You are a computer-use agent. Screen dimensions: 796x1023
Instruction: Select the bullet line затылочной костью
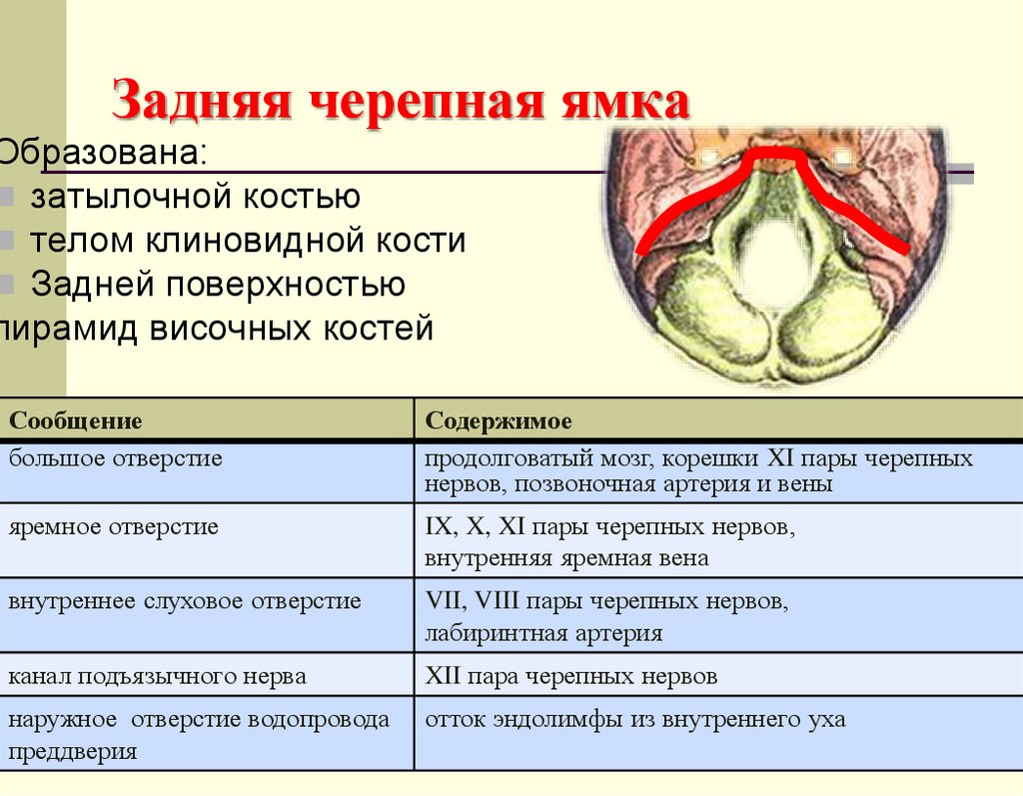pyautogui.click(x=195, y=197)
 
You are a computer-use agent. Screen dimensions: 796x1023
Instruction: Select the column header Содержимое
pyautogui.click(x=499, y=420)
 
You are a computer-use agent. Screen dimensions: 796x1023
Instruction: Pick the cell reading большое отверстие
pyautogui.click(x=116, y=459)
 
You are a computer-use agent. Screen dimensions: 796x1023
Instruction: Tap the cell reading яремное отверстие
pyautogui.click(x=114, y=526)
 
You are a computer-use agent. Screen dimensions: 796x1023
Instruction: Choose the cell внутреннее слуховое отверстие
pyautogui.click(x=185, y=602)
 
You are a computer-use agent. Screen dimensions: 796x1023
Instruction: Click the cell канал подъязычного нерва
pyautogui.click(x=158, y=676)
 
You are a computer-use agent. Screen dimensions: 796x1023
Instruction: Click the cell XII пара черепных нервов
pyautogui.click(x=570, y=676)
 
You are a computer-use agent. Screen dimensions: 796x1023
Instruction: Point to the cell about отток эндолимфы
pyautogui.click(x=634, y=719)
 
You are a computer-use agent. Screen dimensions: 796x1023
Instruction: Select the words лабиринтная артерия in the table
pyautogui.click(x=543, y=633)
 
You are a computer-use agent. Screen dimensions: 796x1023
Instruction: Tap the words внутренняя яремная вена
pyautogui.click(x=566, y=558)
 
